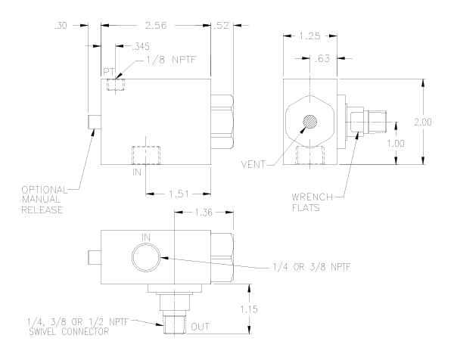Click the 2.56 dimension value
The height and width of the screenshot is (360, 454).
point(156,26)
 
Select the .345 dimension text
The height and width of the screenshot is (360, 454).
point(141,46)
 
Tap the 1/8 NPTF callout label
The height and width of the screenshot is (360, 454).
point(171,60)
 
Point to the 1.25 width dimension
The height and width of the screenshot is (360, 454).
point(309,36)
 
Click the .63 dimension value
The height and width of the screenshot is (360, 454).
point(322,58)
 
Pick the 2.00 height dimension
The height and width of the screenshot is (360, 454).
point(423,122)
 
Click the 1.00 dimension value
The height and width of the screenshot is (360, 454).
point(396,143)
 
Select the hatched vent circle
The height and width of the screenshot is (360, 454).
point(309,122)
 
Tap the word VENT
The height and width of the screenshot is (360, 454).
point(253,165)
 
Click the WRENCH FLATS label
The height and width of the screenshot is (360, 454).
point(312,202)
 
